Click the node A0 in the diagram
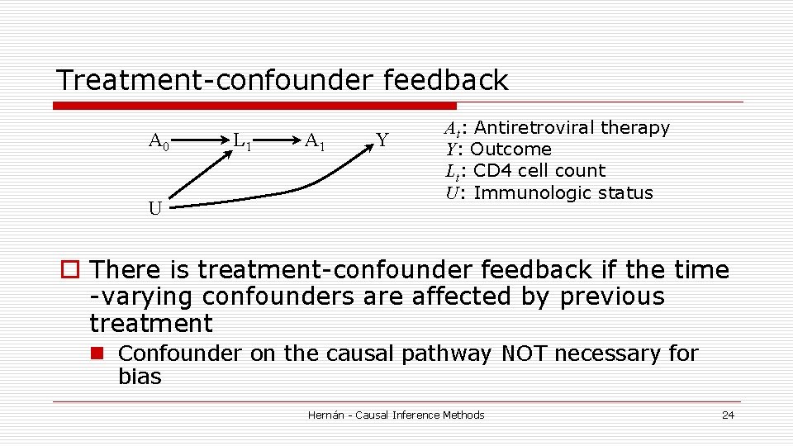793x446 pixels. (x=159, y=142)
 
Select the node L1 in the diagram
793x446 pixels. (x=242, y=142)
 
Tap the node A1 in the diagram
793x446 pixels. (x=315, y=141)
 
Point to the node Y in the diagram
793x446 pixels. (x=382, y=140)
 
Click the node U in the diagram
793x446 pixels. (x=155, y=208)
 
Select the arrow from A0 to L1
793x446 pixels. (x=201, y=141)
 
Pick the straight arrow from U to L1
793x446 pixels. (x=197, y=175)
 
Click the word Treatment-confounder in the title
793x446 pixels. (x=216, y=81)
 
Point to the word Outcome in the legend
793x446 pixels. (x=510, y=149)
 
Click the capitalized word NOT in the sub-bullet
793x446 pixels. (x=524, y=353)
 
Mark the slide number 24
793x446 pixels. (x=728, y=415)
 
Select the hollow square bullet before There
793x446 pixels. (x=69, y=270)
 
